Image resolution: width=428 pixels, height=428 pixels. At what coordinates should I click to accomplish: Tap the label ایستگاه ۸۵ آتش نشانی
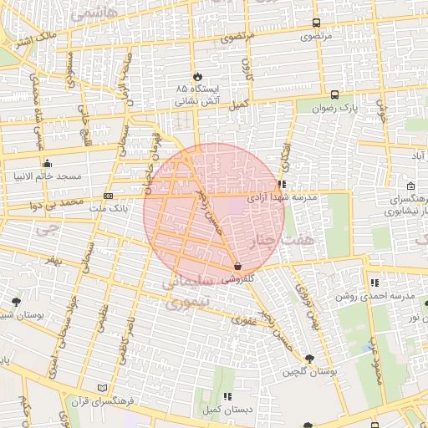coord(197,94)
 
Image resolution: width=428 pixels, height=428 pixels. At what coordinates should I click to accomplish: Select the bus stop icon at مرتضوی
coord(316,23)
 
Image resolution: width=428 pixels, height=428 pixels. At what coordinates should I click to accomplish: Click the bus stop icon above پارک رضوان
coord(334,95)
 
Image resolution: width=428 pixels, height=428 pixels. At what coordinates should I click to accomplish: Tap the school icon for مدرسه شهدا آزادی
coord(283,184)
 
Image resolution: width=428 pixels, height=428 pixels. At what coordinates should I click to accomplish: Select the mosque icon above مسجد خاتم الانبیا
coord(47,163)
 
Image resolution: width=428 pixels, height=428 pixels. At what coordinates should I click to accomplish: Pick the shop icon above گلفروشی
coord(240,267)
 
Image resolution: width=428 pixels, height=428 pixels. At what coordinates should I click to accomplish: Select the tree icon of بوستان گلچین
coord(310,358)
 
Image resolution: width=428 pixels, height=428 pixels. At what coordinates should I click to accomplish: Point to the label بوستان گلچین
coord(309,370)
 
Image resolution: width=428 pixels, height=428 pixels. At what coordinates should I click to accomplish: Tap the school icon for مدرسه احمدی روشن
coord(374,283)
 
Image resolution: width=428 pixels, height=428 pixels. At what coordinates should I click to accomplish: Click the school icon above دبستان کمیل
coord(227,396)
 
